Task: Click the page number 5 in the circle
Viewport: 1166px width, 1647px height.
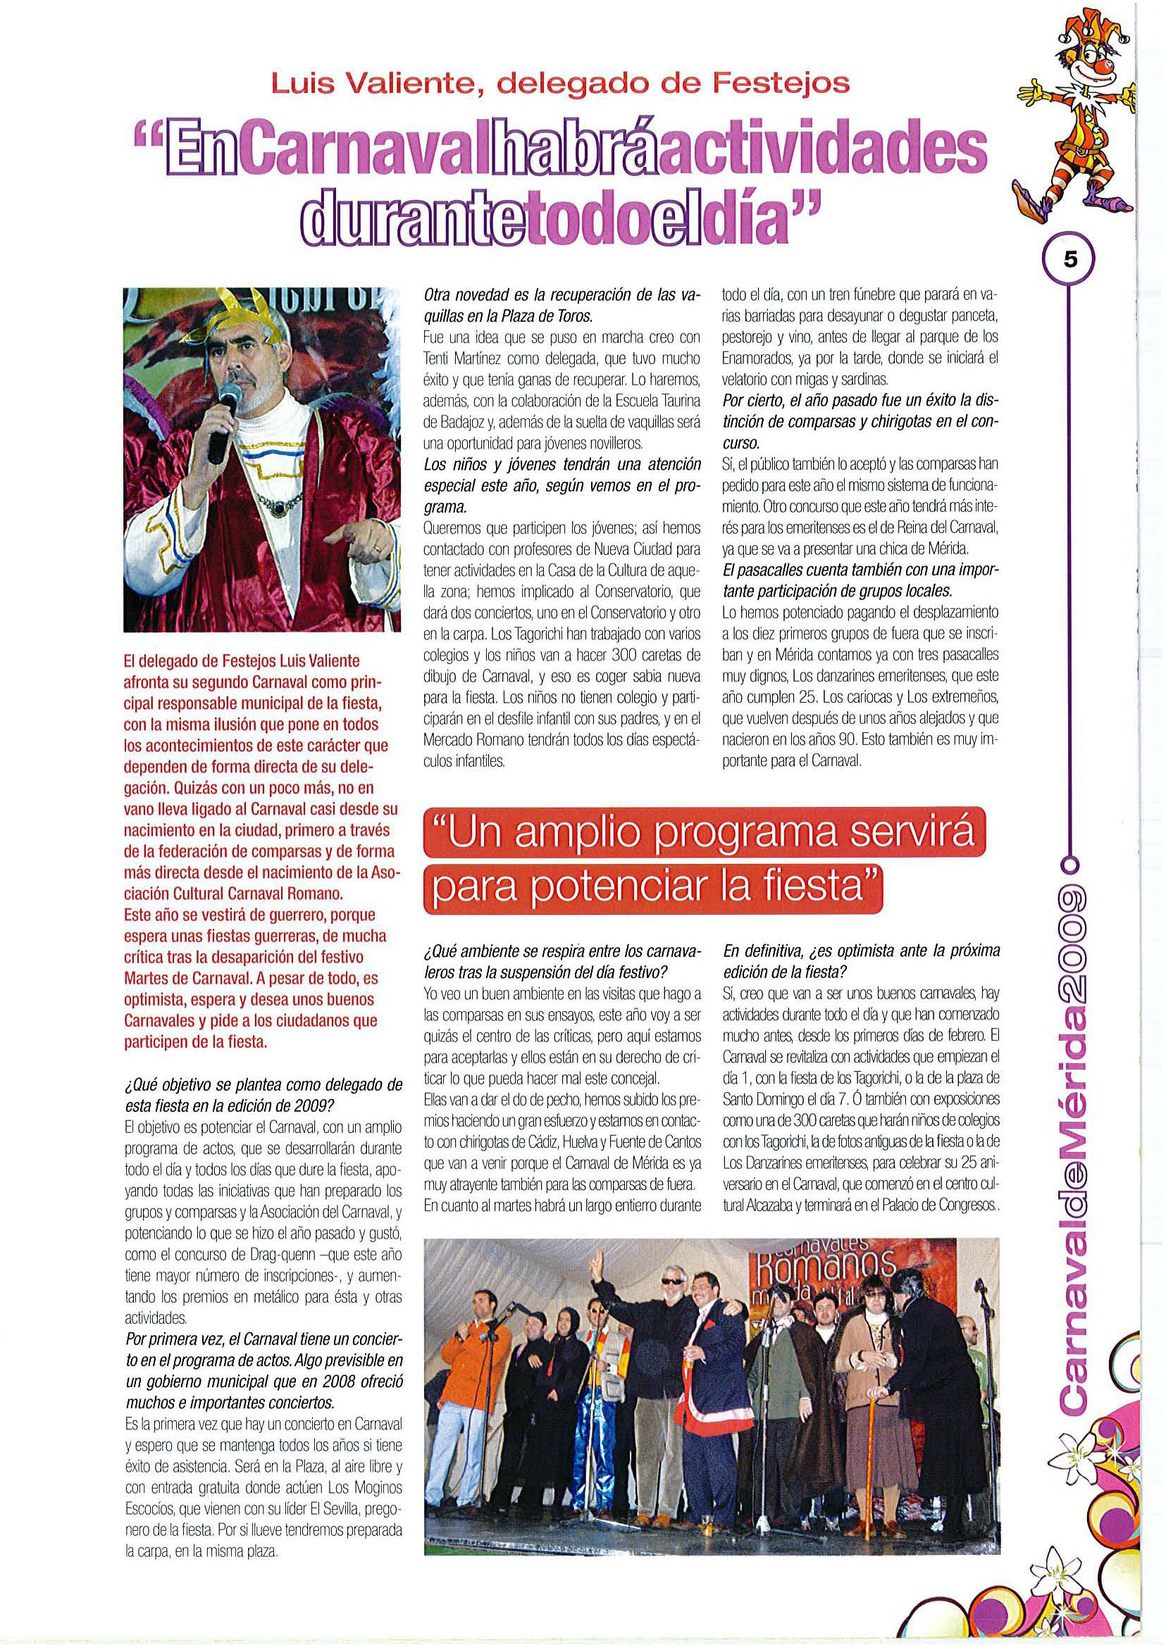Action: coord(1069,261)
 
